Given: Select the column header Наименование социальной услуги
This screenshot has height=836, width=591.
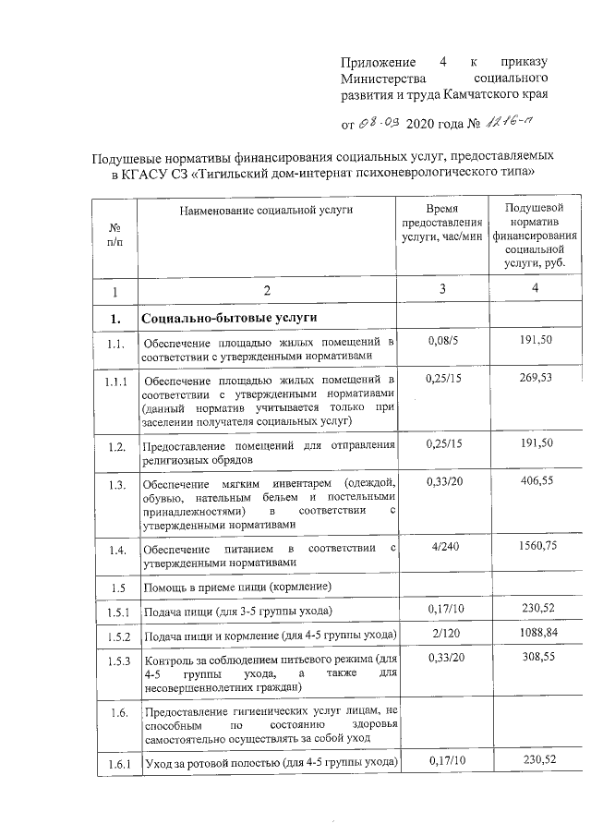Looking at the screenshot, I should tap(267, 212).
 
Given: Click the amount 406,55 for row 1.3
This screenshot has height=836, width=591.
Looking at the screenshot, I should tap(535, 481).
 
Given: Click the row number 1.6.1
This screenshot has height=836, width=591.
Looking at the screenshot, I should tap(115, 762).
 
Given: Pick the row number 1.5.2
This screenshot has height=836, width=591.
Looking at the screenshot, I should tap(115, 636).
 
